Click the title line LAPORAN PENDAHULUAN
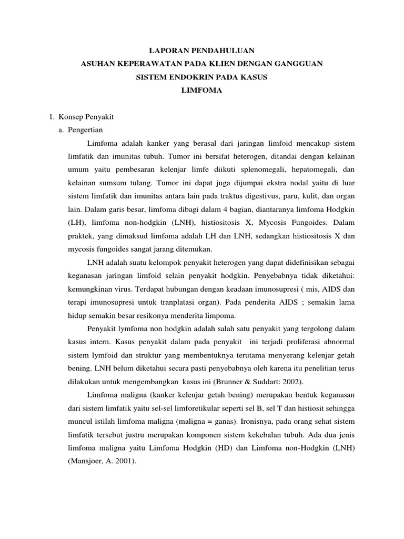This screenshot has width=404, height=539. coord(202,51)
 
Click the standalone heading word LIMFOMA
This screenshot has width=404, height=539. coord(202,91)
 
